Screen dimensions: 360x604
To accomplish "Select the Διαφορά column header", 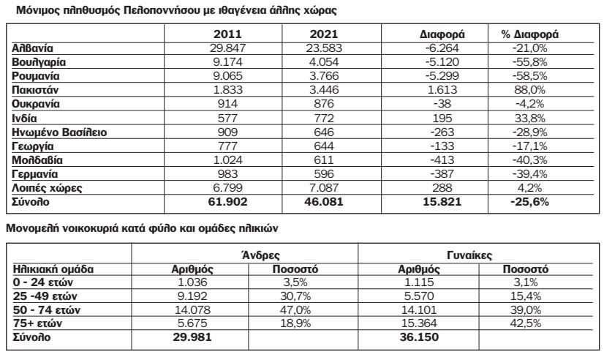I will click(x=443, y=34).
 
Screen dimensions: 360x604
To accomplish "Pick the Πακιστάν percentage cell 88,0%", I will click(x=530, y=89).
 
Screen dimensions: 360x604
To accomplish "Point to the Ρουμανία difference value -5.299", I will click(x=443, y=75).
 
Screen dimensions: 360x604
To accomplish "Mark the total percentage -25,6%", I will click(x=530, y=201).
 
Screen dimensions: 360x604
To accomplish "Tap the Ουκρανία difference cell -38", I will click(x=443, y=103).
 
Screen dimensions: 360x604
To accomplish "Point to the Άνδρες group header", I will click(x=256, y=255).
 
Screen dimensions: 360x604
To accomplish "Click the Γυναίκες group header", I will click(x=469, y=255).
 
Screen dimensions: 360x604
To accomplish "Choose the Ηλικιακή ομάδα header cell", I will click(x=50, y=269).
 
